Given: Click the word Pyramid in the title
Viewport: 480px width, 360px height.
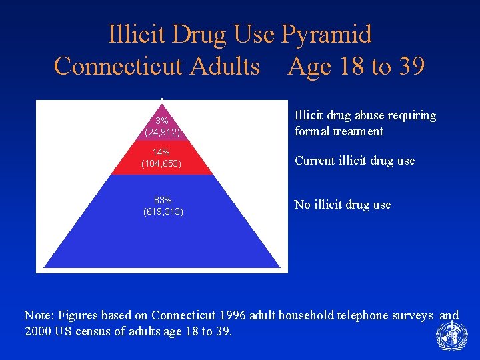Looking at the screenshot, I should click(327, 34).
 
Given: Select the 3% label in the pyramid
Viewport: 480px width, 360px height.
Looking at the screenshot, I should click(162, 121).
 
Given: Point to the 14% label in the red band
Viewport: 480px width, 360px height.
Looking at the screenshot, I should click(162, 153).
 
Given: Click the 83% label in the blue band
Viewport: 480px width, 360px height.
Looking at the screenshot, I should click(163, 200).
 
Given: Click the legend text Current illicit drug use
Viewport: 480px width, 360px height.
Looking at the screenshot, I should click(355, 161).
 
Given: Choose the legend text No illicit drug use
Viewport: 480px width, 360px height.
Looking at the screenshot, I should click(343, 205).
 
